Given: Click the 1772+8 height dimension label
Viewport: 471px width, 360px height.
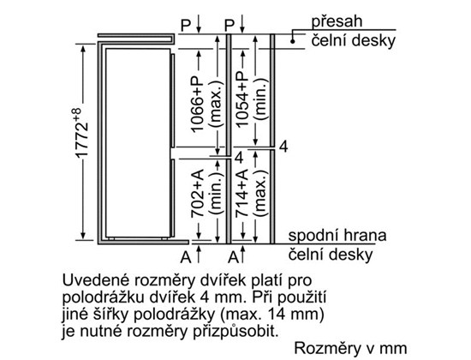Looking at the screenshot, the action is pyautogui.click(x=81, y=132).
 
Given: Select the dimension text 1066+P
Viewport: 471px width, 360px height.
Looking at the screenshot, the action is pyautogui.click(x=197, y=103).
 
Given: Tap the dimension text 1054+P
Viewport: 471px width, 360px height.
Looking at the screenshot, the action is pyautogui.click(x=242, y=98).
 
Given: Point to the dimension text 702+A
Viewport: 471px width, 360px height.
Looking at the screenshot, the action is pyautogui.click(x=197, y=193).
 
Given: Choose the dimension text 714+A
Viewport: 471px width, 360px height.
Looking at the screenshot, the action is pyautogui.click(x=242, y=193).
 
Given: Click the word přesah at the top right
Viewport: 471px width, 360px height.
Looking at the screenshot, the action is pyautogui.click(x=337, y=21).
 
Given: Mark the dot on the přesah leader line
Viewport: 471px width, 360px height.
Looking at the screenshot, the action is pyautogui.click(x=293, y=41).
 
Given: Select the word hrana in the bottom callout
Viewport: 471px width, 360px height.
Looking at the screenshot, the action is pyautogui.click(x=365, y=235).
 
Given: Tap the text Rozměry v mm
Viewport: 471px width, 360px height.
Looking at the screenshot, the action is pyautogui.click(x=350, y=348).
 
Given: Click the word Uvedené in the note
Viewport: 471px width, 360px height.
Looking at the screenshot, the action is pyautogui.click(x=96, y=280).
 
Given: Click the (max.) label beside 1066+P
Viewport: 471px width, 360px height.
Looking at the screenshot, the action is pyautogui.click(x=217, y=103).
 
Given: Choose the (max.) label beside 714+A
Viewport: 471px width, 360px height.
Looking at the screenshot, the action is pyautogui.click(x=260, y=193).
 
